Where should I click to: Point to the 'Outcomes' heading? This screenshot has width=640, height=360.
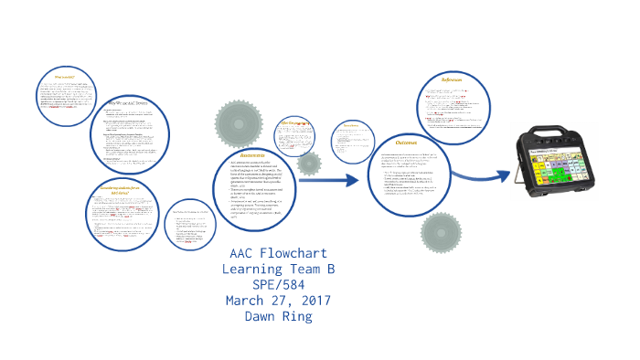[x=406, y=142]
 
